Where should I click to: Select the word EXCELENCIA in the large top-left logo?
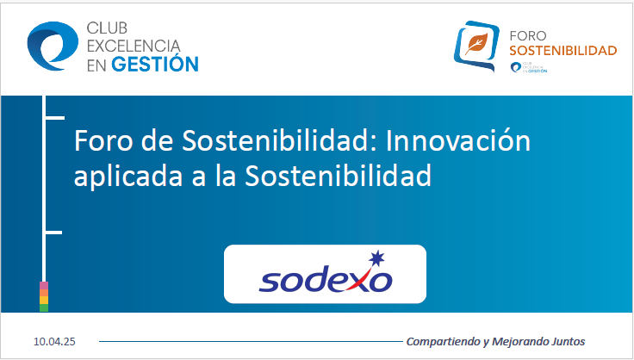pos(133,45)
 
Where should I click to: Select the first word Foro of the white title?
pos(102,140)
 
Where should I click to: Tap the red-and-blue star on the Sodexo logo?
pos(375,258)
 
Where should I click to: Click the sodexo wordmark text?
pos(326,280)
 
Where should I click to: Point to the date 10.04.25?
pos(55,342)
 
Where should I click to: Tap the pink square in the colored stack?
pos(44,285)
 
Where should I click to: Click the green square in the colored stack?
pos(44,307)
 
